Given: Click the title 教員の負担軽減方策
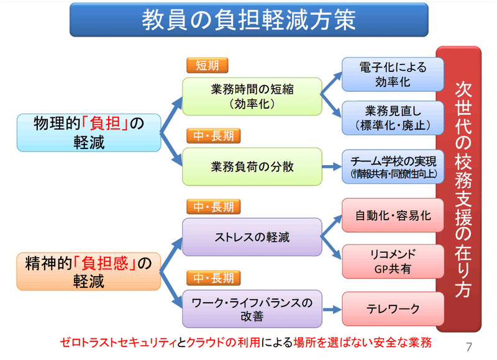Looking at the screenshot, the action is pos(249,20).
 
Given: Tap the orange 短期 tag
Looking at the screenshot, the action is pos(207,65).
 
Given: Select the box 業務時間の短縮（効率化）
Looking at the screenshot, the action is pos(252,96).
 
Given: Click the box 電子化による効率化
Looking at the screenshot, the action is pos(393,74).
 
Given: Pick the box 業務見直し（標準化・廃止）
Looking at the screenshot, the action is pos(393,118).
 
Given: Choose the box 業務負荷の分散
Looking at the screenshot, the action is pos(252,166).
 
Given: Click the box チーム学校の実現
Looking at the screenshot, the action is pos(393,166).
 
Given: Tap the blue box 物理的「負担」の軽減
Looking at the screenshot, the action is pos(89,133).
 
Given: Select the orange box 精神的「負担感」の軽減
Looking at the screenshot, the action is pos(89,272).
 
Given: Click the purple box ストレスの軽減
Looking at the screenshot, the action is pos(252,237).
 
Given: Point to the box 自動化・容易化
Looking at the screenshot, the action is pos(393,215).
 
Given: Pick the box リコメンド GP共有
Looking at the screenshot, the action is pos(393,261).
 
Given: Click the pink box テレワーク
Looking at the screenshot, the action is pos(393,308).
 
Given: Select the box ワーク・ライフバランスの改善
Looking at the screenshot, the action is pos(252,308).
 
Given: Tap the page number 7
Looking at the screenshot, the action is pos(469,347).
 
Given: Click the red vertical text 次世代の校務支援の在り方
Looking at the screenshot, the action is pos(463,189).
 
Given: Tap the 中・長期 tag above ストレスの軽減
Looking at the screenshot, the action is pos(214,207).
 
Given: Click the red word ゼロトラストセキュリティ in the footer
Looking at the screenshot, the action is pos(118,342).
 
